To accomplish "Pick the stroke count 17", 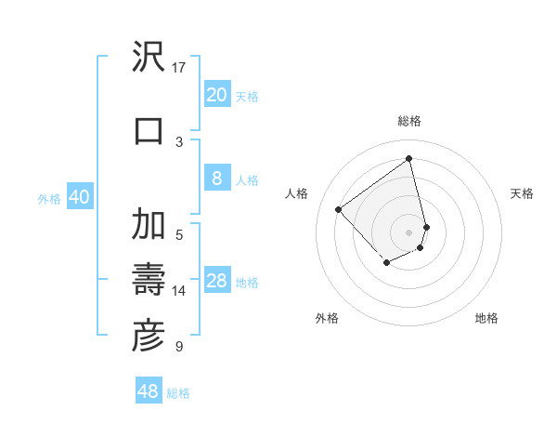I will click(x=179, y=67).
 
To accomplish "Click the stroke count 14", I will click(x=179, y=291).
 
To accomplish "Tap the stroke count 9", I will click(x=179, y=347).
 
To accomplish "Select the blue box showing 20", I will click(x=216, y=95).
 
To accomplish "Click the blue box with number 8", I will click(x=216, y=179).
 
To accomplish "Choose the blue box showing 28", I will click(x=216, y=282).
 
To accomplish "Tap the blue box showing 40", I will click(x=79, y=198).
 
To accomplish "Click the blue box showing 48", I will click(x=149, y=391).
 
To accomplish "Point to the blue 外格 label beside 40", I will click(x=49, y=199).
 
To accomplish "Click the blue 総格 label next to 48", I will click(x=178, y=393).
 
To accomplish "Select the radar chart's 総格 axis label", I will click(x=409, y=121).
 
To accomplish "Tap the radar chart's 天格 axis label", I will click(x=522, y=193).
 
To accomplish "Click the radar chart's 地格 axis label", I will click(x=486, y=318).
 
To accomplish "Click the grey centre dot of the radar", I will click(x=409, y=232).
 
